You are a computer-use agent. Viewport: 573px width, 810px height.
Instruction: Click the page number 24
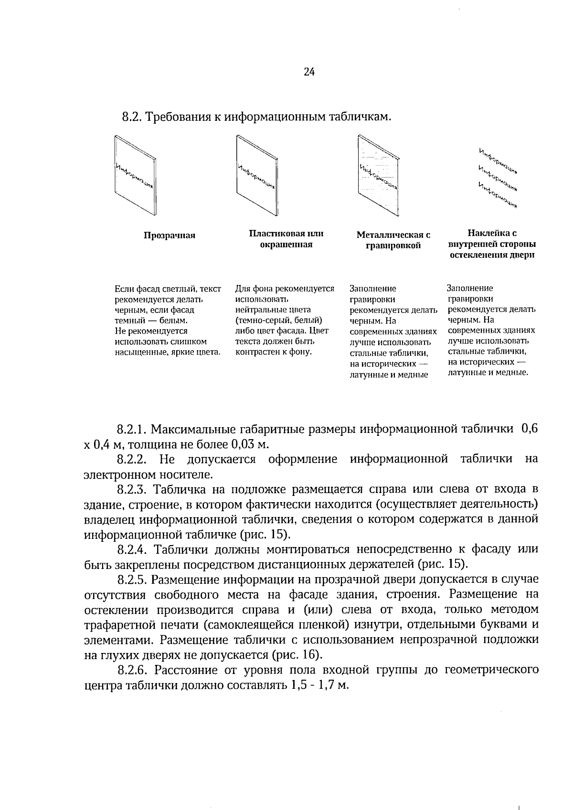point(308,72)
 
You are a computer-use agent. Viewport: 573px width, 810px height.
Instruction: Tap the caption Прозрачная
point(170,236)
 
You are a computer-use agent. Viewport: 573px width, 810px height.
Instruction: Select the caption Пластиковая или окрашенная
point(286,239)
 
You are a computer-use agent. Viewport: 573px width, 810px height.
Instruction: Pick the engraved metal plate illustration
point(378,175)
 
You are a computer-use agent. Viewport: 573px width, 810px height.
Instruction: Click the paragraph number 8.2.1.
point(133,429)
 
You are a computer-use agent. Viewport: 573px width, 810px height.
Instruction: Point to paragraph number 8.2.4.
point(133,549)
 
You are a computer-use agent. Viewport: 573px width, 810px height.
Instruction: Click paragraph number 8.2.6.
point(133,670)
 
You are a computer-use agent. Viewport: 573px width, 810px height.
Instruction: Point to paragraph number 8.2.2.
point(133,459)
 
